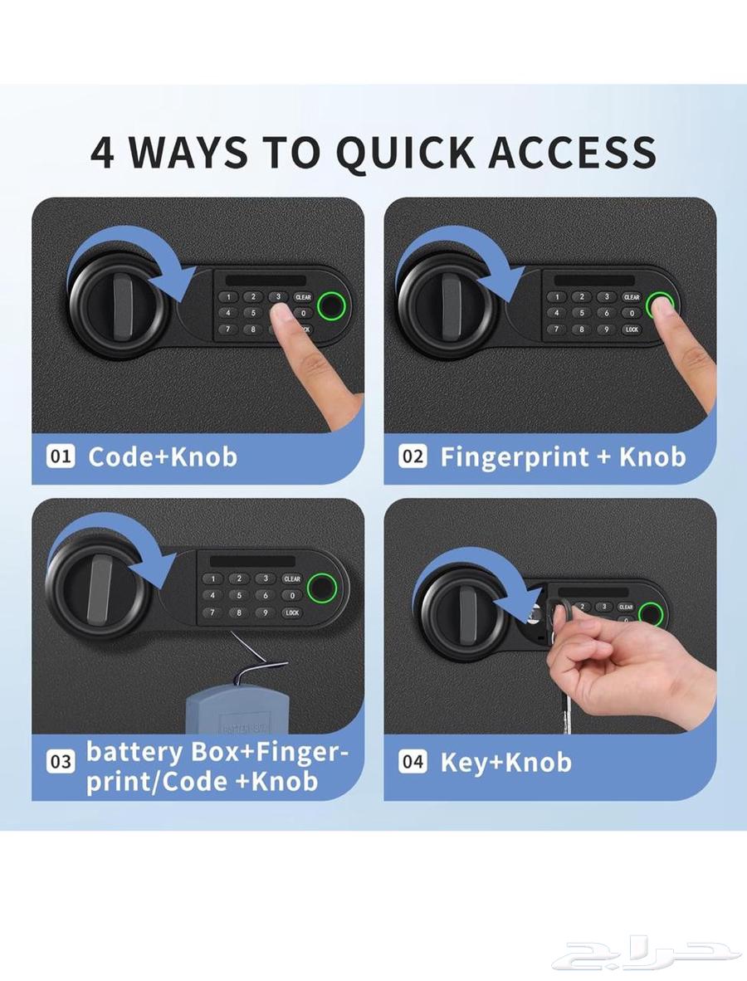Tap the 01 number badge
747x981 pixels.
[x=61, y=456]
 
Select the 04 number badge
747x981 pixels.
[x=413, y=761]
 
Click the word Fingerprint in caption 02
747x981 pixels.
[x=525, y=457]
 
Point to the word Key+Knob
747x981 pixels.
[x=505, y=762]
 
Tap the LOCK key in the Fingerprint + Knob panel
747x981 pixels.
[x=632, y=329]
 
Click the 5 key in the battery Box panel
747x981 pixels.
[x=238, y=595]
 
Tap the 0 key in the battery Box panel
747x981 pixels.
[x=291, y=595]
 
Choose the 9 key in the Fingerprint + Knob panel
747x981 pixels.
[x=607, y=329]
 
